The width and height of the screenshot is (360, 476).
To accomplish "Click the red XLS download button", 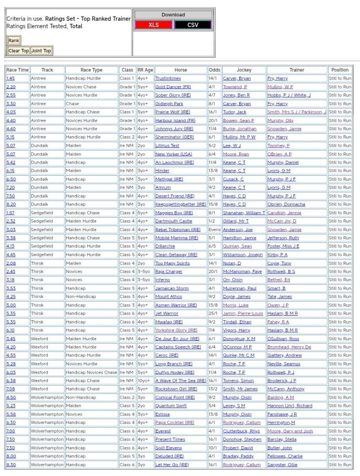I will tap(153, 25).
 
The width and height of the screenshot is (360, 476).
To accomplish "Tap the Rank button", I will tap(13, 41).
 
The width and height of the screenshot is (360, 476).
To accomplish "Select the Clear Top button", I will tap(19, 51).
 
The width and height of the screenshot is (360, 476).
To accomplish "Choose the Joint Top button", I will tap(41, 51).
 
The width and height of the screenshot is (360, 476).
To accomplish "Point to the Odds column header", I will tap(214, 70).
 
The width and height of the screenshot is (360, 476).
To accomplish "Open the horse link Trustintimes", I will tap(168, 79).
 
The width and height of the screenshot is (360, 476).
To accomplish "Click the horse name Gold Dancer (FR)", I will tap(173, 87).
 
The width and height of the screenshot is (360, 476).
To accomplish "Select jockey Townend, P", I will tap(235, 87).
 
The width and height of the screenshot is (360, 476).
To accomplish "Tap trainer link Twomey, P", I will tap(278, 146).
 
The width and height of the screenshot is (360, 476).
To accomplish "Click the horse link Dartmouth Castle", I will tap(173, 221).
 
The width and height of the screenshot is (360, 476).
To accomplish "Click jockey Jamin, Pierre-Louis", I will tap(242, 314).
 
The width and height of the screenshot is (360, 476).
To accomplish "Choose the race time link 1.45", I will tap(11, 79).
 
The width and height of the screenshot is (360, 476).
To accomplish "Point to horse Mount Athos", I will tap(169, 297).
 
